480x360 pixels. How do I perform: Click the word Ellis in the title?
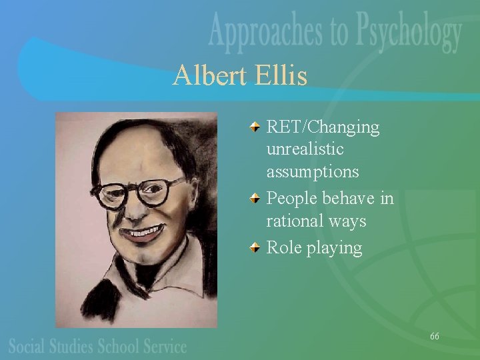(281, 76)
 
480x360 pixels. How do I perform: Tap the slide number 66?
(434, 336)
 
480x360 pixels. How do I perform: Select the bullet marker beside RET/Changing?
(256, 127)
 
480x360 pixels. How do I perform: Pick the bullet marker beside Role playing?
(256, 248)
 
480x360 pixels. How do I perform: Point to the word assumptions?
(313, 172)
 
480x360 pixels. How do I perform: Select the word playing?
(338, 249)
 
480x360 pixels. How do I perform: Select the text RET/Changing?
(323, 127)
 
